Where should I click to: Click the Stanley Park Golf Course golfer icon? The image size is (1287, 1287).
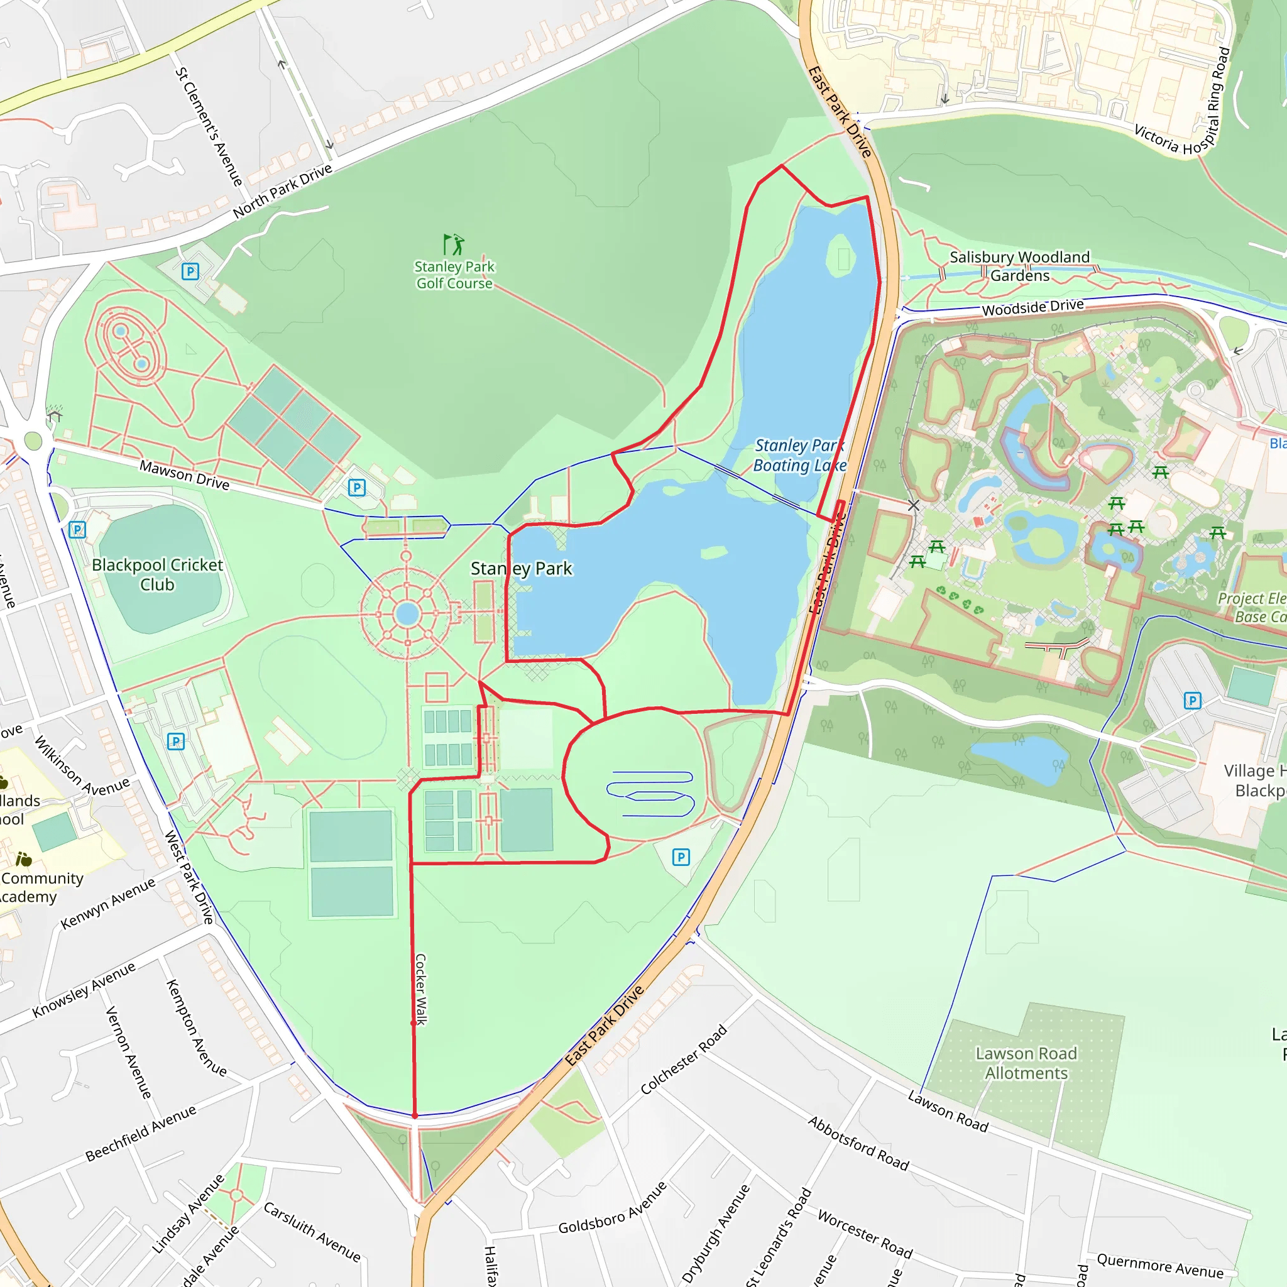coord(454,244)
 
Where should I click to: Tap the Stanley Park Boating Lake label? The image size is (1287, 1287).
coord(799,456)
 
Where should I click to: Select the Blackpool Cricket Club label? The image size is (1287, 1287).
coord(157,574)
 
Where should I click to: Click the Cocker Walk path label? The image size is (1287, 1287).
coord(420,989)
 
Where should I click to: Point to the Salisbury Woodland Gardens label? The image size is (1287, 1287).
coord(1019,266)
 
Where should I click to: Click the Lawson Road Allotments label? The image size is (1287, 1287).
coord(1026,1063)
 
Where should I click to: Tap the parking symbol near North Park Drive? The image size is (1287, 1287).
coord(190,271)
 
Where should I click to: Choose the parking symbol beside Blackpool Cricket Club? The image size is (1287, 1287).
coord(77,530)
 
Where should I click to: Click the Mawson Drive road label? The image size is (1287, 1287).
coord(185,475)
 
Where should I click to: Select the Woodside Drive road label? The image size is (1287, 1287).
coord(1032,307)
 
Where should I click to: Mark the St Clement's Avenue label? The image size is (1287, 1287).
coord(209,126)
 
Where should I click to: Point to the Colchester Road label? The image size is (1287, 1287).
coord(684,1059)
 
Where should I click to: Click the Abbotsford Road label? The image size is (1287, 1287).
coord(858,1143)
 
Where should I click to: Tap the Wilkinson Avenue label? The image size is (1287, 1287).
coord(81,766)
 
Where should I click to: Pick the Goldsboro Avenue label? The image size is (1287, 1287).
coord(612,1208)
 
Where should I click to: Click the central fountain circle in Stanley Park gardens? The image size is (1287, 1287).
coord(407,613)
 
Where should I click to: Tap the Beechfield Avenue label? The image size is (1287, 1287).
coord(141,1133)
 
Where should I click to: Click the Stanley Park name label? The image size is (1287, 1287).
coord(521,568)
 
